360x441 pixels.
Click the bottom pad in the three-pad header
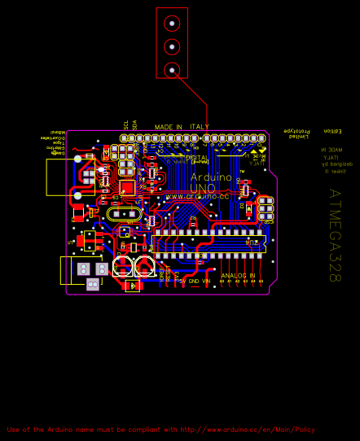pos(172,70)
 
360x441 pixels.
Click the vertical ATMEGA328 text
pos(334,236)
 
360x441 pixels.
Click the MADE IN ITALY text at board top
pos(182,127)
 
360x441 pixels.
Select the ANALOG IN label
pos(238,276)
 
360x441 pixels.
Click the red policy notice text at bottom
pos(160,430)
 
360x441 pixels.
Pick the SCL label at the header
pos(125,124)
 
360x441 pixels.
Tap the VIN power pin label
pos(206,281)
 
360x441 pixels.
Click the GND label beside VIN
pos(193,281)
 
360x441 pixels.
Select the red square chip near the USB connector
pos(126,185)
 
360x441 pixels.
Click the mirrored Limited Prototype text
pos(297,133)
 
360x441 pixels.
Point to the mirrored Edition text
pos(332,130)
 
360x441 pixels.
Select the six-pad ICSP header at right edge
pos(265,210)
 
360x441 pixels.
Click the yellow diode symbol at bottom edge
pos(132,286)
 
